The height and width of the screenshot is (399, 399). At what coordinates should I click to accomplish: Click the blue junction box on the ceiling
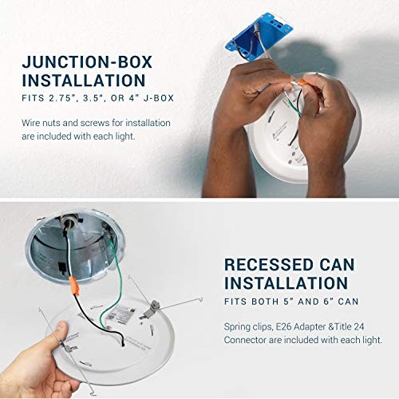point(259,38)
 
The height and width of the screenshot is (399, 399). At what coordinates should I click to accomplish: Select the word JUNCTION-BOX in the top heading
point(87,62)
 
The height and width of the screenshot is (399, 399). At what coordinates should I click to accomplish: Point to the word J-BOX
point(159,98)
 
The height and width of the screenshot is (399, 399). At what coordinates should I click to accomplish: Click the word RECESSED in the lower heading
point(269,265)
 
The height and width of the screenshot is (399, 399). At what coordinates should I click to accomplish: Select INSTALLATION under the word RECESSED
point(286,283)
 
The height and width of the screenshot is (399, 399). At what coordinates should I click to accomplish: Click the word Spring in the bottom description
point(235,327)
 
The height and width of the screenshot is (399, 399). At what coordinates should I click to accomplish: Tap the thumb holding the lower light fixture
point(60,333)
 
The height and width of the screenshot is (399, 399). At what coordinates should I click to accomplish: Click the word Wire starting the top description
point(32,123)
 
